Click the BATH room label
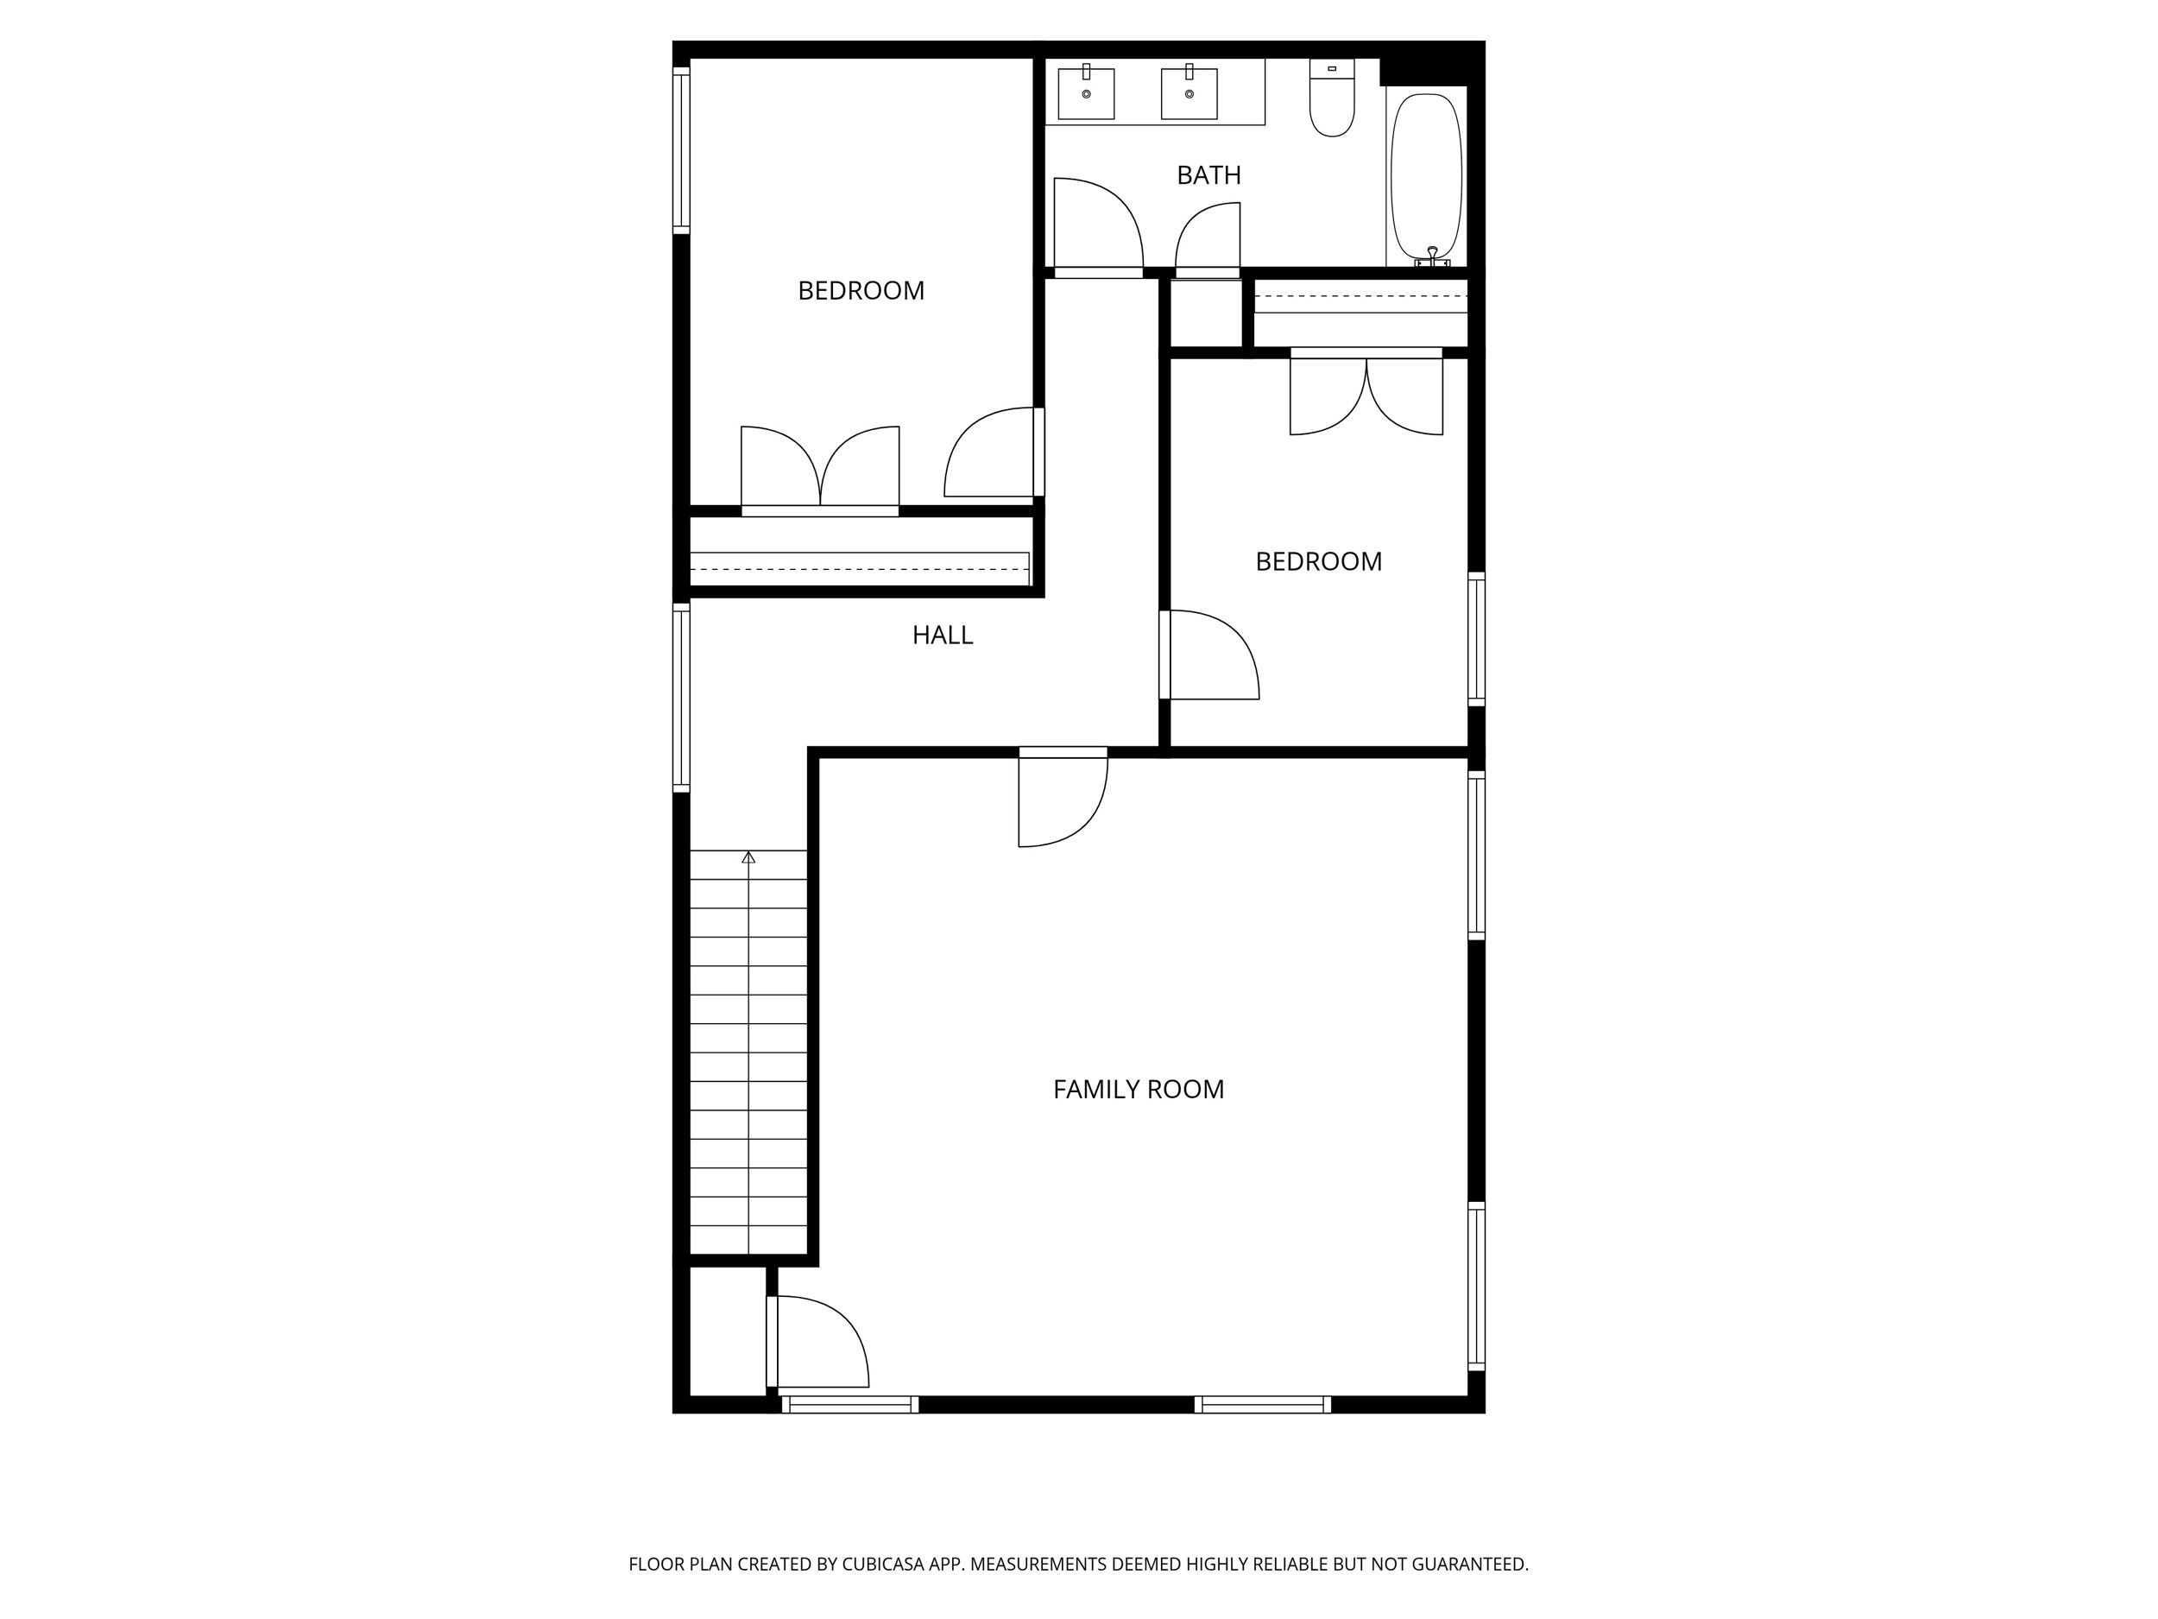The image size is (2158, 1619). click(1208, 175)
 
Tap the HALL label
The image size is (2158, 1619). click(942, 636)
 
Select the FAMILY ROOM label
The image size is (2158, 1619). click(1138, 1089)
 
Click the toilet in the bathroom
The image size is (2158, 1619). click(1332, 100)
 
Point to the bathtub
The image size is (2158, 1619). click(1425, 175)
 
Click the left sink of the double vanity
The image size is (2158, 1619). click(1086, 93)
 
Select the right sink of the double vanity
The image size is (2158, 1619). click(1189, 93)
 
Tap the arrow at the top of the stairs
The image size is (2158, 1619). click(748, 857)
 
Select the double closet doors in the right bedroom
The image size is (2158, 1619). click(1366, 392)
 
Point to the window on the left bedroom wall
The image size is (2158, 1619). click(681, 149)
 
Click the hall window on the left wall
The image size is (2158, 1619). click(681, 696)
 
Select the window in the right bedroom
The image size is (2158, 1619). click(1476, 639)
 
